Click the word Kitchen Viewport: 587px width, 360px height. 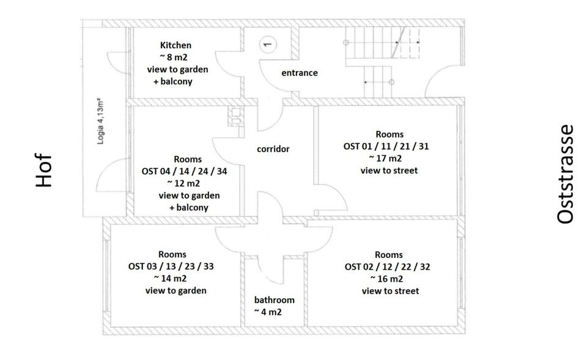(x=175, y=45)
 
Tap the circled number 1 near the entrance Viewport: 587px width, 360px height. (x=267, y=44)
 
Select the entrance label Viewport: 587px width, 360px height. (x=299, y=73)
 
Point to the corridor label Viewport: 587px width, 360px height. (x=273, y=149)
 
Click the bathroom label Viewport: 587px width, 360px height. (x=274, y=300)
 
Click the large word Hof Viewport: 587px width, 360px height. (x=43, y=171)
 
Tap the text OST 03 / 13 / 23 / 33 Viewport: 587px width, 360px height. (x=171, y=266)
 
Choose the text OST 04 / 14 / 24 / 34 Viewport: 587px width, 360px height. (x=183, y=171)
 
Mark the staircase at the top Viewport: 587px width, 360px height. (x=382, y=61)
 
